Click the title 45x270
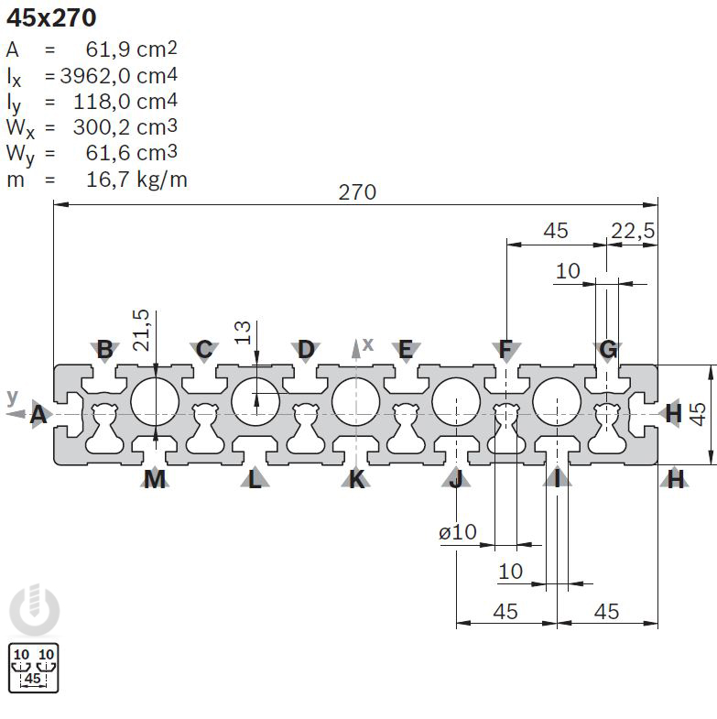pos(51,16)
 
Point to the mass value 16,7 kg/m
pos(136,179)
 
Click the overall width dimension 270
pos(357,192)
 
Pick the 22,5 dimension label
pos(634,231)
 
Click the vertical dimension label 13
pos(243,332)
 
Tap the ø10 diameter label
pos(458,531)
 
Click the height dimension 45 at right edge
pos(698,413)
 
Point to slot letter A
pos(38,415)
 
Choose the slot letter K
pos(356,478)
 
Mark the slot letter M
pos(155,478)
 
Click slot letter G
pos(608,349)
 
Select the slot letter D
pos(306,349)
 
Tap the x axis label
pos(368,343)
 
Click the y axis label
pos(12,396)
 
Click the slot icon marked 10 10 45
pos(33,667)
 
